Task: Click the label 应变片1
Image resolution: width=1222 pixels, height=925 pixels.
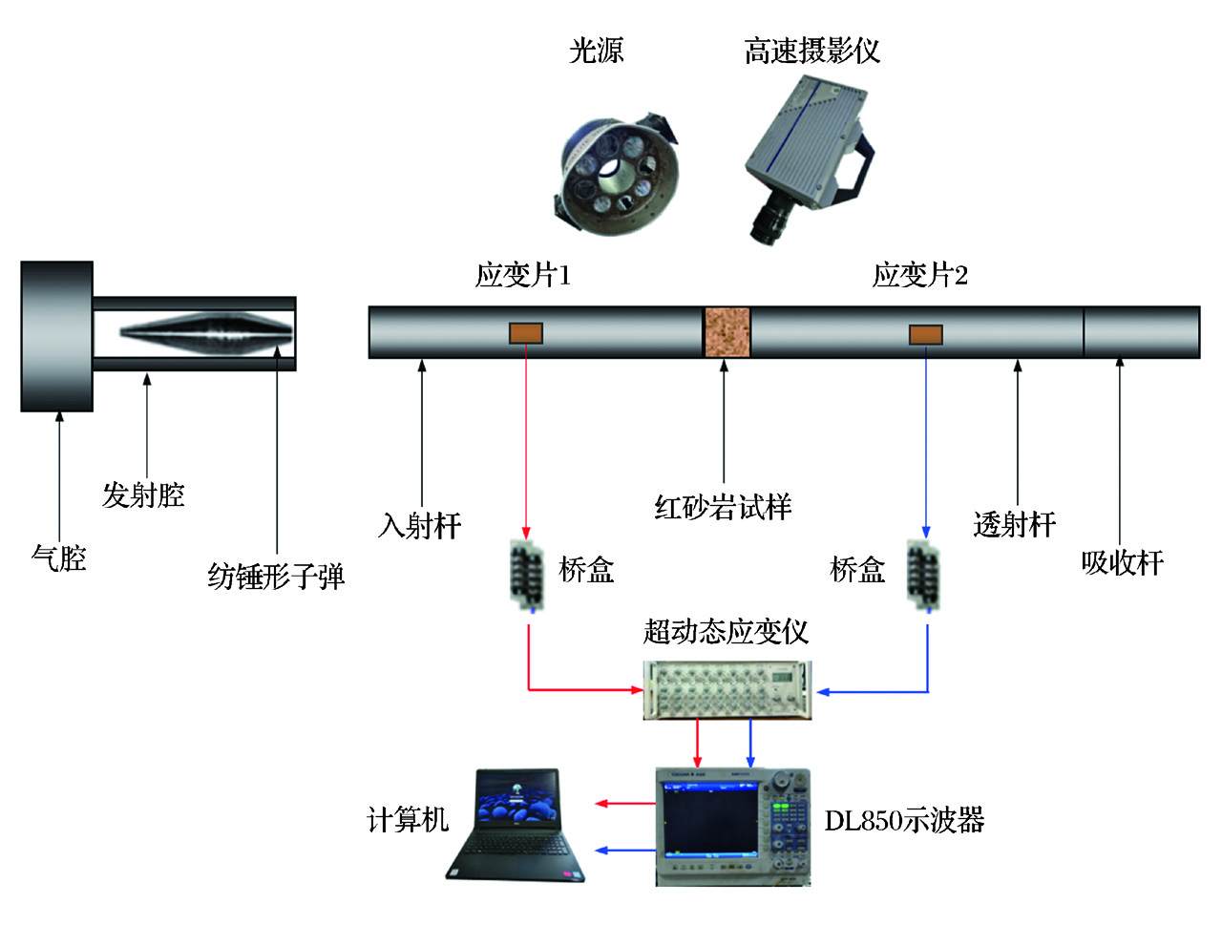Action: pos(522,275)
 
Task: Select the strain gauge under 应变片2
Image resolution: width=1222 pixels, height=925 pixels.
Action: pos(925,334)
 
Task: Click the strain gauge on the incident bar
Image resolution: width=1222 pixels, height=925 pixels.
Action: pos(525,333)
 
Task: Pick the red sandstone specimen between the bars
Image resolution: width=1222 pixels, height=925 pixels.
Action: pos(727,332)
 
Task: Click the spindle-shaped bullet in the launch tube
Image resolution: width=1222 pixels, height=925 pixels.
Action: pos(206,331)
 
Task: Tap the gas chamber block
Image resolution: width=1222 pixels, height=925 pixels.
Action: pos(57,336)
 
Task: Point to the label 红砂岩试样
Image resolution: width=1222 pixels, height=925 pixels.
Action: pos(723,507)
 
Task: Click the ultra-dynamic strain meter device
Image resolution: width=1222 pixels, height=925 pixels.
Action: pos(728,689)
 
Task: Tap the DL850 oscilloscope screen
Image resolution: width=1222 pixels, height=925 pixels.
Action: pos(711,821)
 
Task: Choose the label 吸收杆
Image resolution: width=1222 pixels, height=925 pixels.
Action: pos(1122,562)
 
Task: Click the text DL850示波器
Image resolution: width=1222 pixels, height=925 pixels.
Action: pos(904,820)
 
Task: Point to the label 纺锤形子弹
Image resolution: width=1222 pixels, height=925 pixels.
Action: pos(276,576)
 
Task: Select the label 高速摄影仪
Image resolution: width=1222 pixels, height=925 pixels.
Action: pos(811,51)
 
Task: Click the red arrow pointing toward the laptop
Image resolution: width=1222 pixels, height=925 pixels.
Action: pos(624,804)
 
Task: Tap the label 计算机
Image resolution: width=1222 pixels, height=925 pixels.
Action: pos(408,819)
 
